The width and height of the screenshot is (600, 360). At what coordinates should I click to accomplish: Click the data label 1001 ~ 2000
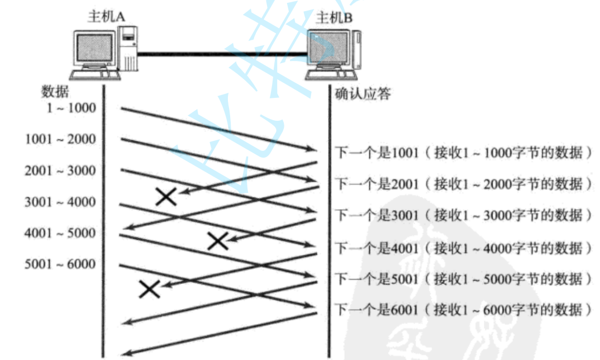click(60, 139)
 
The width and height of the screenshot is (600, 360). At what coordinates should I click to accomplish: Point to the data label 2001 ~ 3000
click(60, 170)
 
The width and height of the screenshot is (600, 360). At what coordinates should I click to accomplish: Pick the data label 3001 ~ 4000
click(60, 202)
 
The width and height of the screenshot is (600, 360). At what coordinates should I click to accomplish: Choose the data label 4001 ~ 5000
click(60, 233)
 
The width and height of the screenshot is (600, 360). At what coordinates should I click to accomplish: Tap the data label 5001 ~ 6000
click(60, 264)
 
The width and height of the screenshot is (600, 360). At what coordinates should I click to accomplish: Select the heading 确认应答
click(363, 93)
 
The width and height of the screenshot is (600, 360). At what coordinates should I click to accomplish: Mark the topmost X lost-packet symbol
click(166, 196)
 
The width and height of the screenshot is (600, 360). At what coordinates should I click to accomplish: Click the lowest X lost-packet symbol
click(149, 288)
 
